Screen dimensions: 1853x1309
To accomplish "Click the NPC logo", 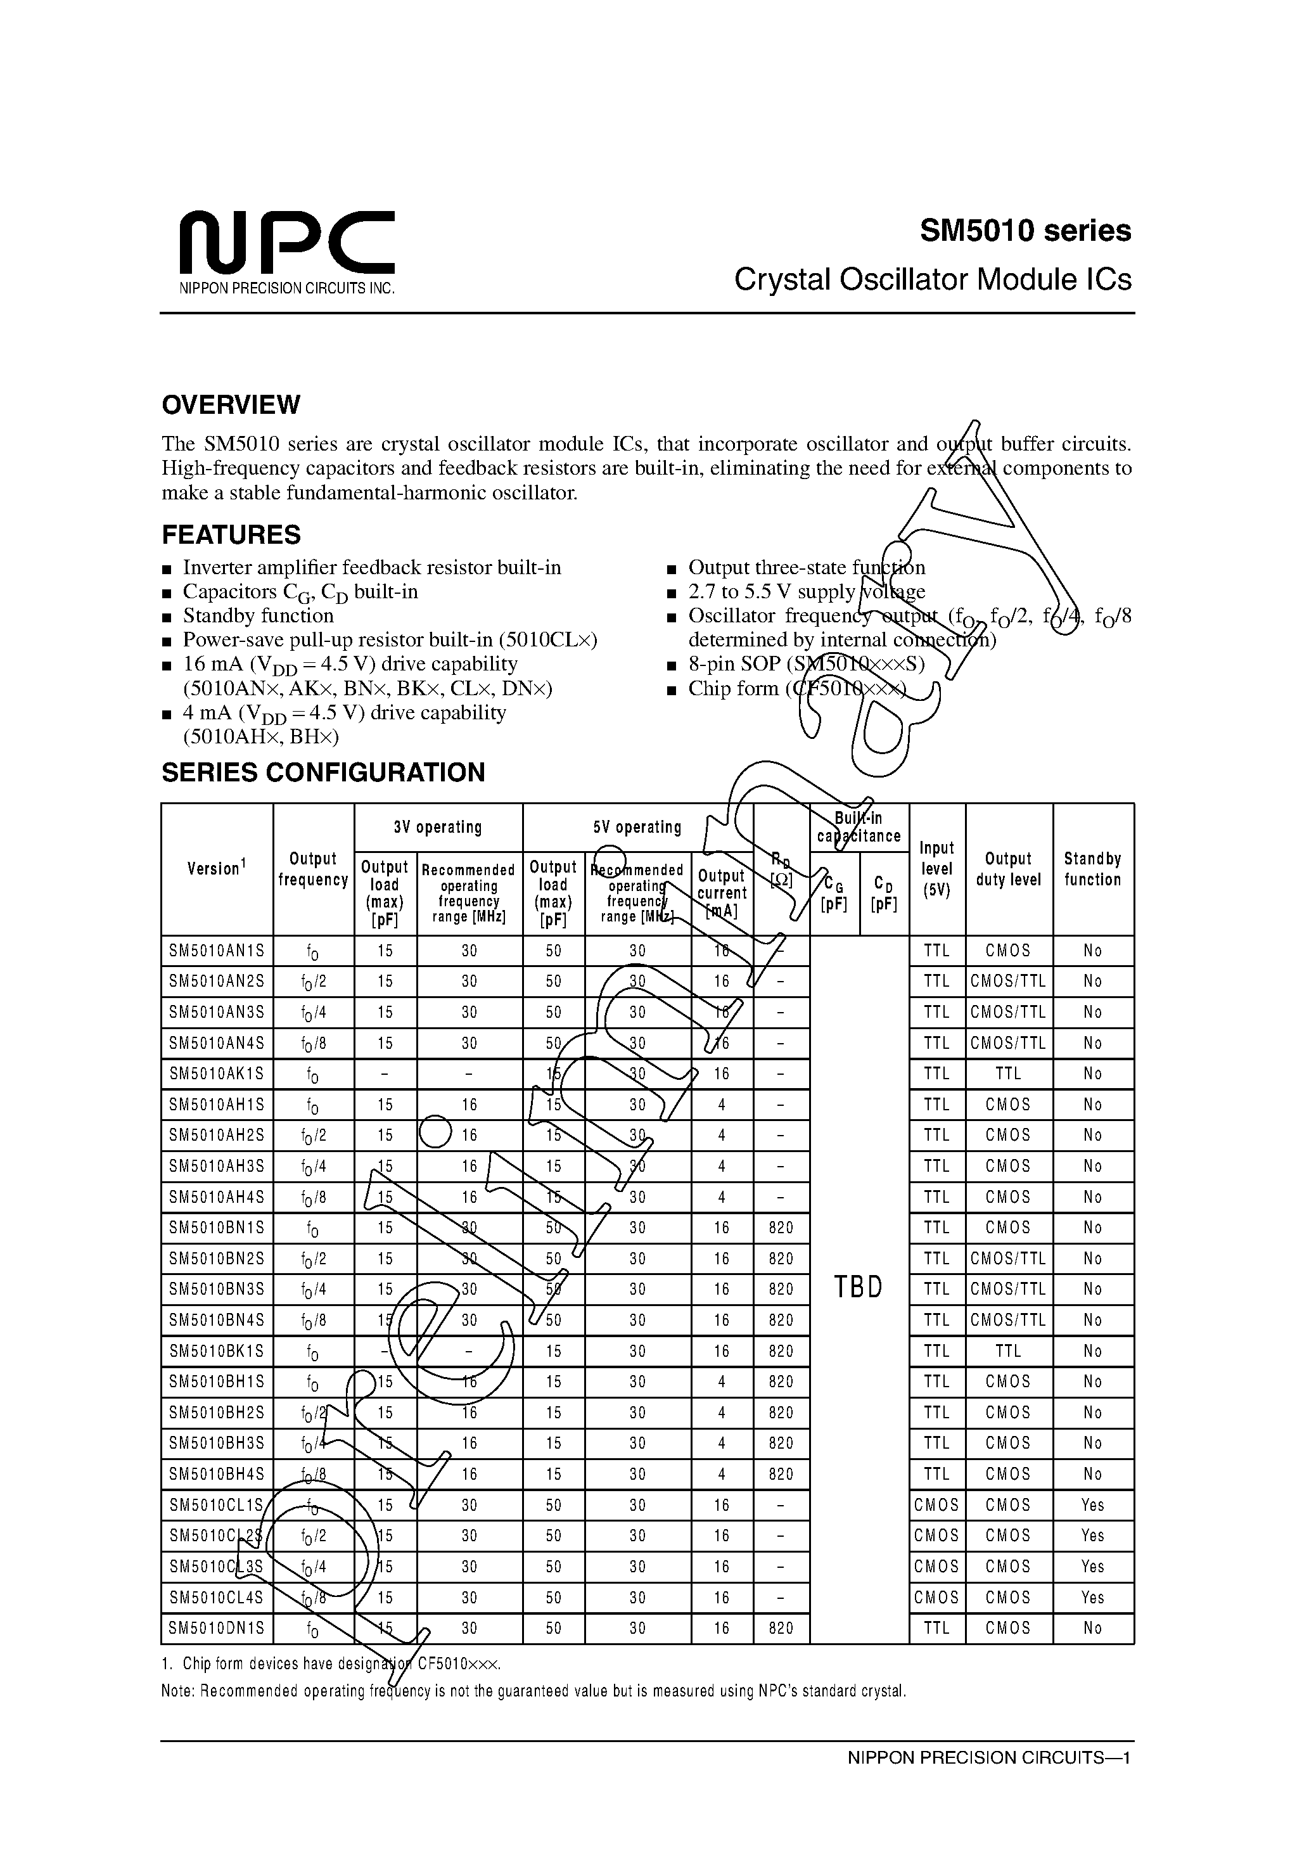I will click(286, 243).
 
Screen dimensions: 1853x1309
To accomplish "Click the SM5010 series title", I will click(1025, 232).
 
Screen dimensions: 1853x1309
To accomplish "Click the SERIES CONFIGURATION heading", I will click(322, 773).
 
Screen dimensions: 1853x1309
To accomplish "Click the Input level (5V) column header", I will click(936, 869).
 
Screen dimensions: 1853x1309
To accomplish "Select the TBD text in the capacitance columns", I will click(858, 1287).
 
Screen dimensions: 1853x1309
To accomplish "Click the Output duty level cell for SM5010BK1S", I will click(1008, 1351).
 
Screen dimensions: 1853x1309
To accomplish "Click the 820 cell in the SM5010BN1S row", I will click(781, 1228).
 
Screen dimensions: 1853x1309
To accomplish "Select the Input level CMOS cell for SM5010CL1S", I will click(936, 1505).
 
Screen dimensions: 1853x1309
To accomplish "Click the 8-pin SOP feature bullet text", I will click(805, 664).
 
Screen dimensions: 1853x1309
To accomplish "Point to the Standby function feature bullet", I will click(259, 616).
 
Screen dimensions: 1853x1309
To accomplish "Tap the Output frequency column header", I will click(313, 869).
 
